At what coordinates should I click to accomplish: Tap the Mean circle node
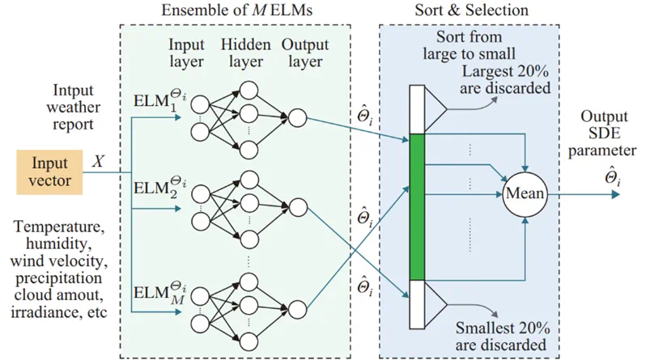point(525,193)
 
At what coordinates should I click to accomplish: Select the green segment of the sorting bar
point(418,207)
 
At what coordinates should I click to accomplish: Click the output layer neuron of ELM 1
point(297,120)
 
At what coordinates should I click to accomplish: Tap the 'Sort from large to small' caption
point(467,46)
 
